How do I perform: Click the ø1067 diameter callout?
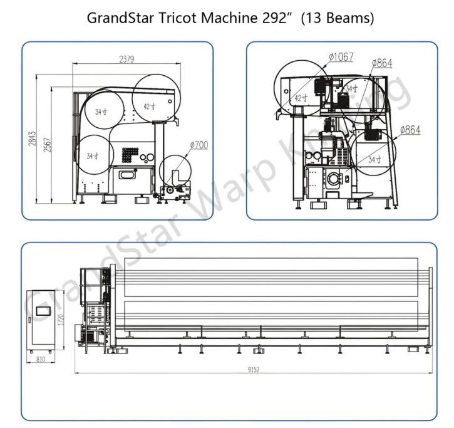(340, 57)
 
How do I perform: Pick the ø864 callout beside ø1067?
(382, 63)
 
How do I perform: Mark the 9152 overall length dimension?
(252, 370)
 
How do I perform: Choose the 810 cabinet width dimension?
(39, 361)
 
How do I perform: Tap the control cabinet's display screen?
(43, 310)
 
